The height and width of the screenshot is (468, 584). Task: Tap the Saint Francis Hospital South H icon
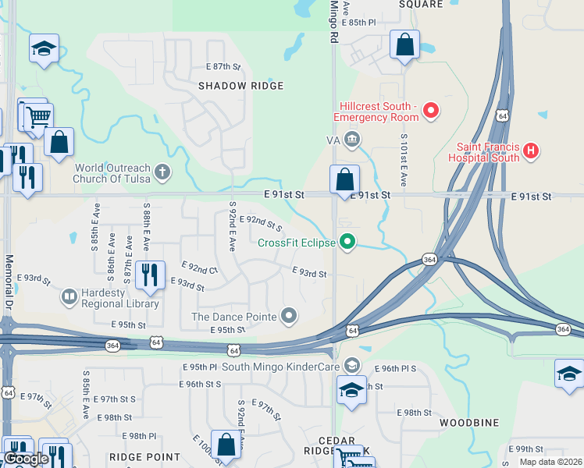point(530,151)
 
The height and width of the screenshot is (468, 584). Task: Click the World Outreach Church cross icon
point(162,172)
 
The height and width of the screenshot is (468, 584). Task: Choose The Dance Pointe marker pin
point(290,316)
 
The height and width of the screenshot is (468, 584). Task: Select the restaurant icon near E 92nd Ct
point(150,275)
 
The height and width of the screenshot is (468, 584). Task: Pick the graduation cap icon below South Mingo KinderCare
point(352,389)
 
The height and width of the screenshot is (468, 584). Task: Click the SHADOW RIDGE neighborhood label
point(240,86)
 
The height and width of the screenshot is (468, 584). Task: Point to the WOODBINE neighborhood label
point(468,423)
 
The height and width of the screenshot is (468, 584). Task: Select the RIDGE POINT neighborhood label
point(144,457)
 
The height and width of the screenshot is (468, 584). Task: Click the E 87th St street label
point(223,68)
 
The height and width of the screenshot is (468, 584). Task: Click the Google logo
point(26,459)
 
